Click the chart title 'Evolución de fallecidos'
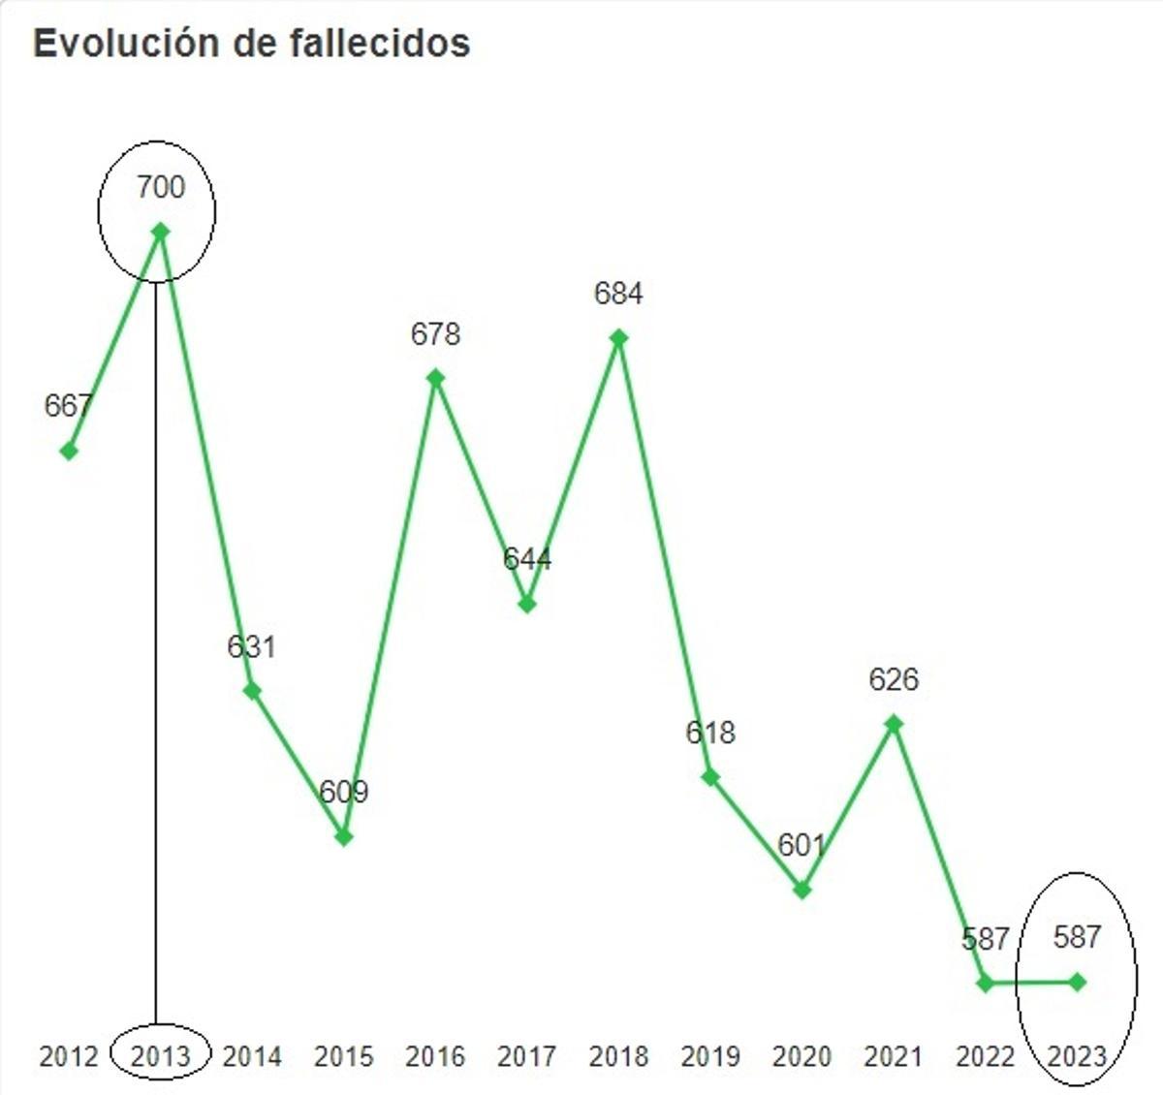252,44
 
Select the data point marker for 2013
161,231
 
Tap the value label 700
161,186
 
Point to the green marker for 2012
69,451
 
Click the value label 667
68,406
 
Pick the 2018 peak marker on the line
618,338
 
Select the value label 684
618,294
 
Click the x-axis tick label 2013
160,1055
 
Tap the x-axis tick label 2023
1077,1055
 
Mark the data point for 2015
344,836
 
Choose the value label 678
435,334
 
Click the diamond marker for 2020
802,890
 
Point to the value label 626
894,680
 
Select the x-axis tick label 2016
435,1055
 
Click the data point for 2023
1077,983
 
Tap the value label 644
527,559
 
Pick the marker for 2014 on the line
252,691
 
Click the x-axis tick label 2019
710,1055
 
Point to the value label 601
802,845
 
